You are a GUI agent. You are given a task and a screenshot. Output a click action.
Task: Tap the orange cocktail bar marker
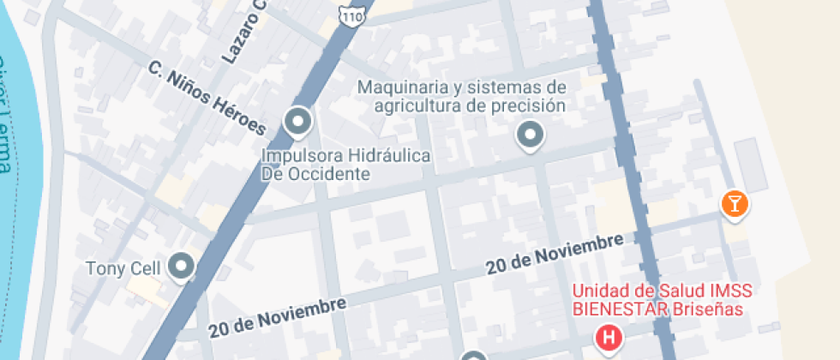tap(735, 204)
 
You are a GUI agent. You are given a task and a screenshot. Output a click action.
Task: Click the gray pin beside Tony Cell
tap(182, 267)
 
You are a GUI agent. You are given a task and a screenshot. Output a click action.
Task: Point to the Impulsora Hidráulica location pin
tap(298, 123)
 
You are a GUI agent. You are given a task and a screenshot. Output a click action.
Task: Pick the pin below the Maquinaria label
tap(531, 135)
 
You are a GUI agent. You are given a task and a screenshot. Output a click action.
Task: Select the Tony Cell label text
tap(123, 268)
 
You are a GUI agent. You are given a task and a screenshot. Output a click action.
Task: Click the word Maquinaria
tap(404, 87)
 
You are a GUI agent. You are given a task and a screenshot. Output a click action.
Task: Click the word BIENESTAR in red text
tap(620, 309)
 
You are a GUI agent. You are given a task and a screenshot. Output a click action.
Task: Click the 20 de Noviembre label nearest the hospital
tap(554, 255)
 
